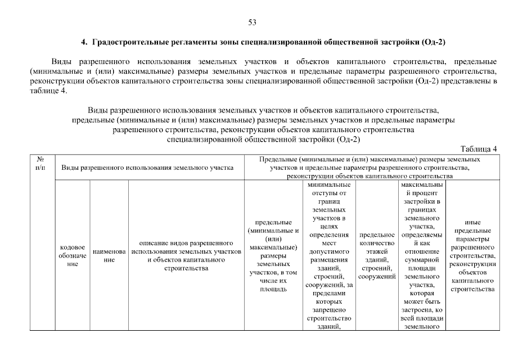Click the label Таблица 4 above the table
479,149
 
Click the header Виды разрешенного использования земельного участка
147,168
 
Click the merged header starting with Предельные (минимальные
371,168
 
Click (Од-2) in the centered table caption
346,140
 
